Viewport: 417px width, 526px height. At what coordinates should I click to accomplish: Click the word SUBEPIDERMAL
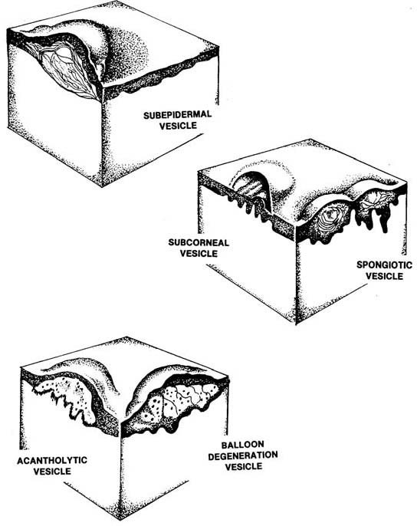(178, 115)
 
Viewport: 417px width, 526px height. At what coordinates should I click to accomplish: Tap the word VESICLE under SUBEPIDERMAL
(178, 126)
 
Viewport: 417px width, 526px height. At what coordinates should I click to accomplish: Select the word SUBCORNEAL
(199, 242)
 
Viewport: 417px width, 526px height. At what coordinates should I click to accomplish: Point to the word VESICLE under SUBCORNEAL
(199, 253)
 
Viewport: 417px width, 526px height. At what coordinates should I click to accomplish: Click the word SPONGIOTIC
(384, 265)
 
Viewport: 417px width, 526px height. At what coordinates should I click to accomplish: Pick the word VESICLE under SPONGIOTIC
(384, 276)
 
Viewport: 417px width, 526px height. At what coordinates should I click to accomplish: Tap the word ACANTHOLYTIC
(52, 460)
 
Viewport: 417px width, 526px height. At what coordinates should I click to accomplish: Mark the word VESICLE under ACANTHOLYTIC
(52, 471)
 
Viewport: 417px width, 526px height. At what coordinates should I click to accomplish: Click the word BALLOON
(242, 445)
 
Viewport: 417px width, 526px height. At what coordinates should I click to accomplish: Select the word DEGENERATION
(243, 455)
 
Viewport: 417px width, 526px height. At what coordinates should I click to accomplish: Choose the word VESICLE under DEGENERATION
(244, 467)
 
